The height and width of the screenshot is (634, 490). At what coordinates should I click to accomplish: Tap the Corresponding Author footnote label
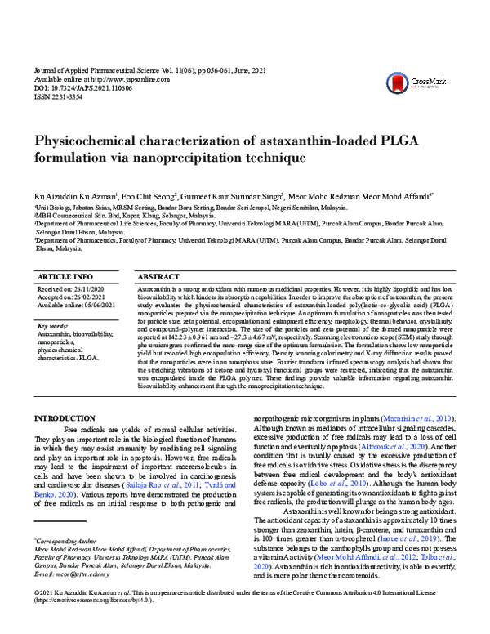(x=66, y=541)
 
